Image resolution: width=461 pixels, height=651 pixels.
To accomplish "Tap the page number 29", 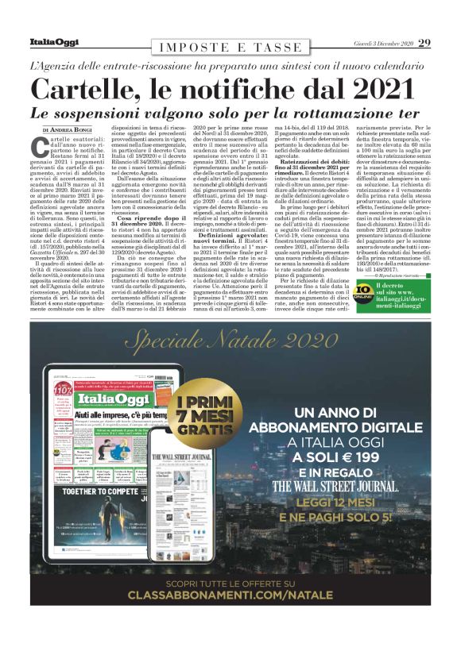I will point(424,42).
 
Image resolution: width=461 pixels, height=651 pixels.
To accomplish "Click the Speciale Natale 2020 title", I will point(230,341).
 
